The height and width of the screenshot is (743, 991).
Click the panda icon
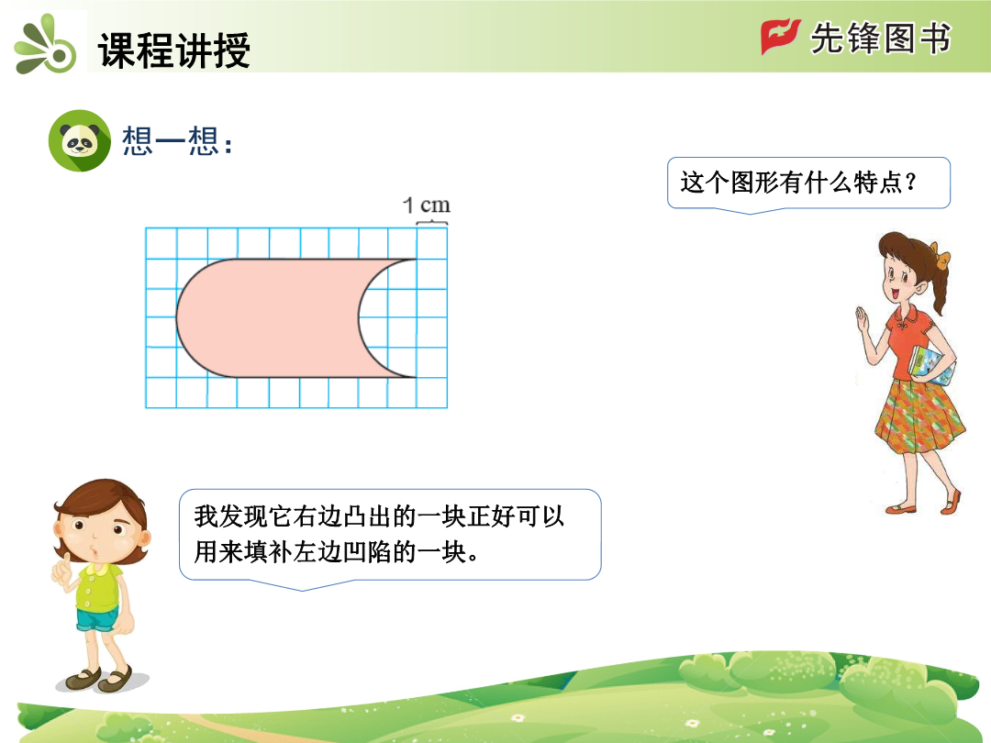pyautogui.click(x=80, y=140)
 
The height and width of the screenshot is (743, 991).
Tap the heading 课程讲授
pyautogui.click(x=174, y=50)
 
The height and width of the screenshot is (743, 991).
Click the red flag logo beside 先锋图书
pyautogui.click(x=779, y=37)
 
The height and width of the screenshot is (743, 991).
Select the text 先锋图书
pyautogui.click(x=880, y=39)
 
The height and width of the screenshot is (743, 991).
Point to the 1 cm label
pyautogui.click(x=427, y=205)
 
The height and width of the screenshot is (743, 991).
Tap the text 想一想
pyautogui.click(x=171, y=140)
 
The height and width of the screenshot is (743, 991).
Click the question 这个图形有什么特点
pyautogui.click(x=798, y=183)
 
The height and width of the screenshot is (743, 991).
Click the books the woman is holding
pyautogui.click(x=932, y=366)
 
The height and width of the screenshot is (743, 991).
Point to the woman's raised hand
pyautogui.click(x=863, y=318)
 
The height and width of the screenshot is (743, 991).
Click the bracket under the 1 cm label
pyautogui.click(x=431, y=223)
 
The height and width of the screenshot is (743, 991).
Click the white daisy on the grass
pyautogui.click(x=518, y=717)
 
